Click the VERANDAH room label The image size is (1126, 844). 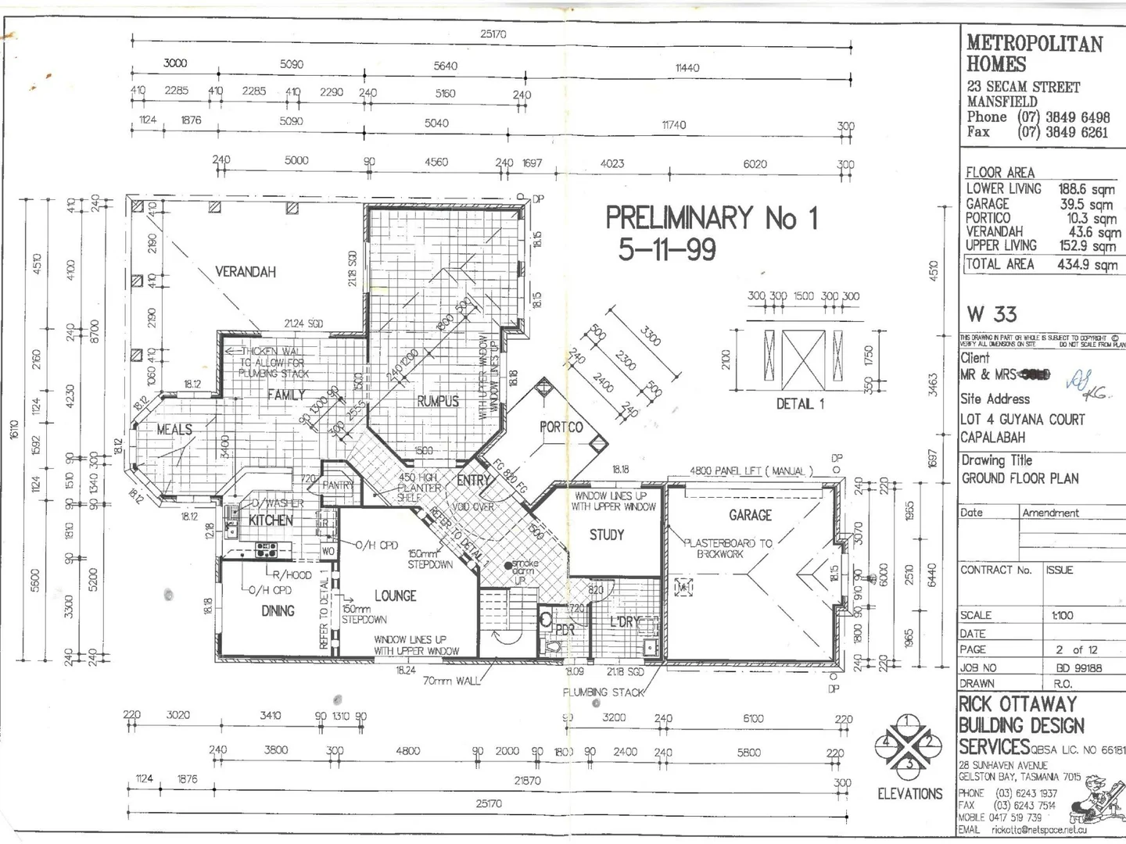(245, 272)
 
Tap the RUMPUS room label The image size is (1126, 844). (437, 401)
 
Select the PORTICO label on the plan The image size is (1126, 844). (561, 427)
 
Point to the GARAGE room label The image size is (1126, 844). (750, 515)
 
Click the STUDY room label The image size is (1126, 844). (606, 535)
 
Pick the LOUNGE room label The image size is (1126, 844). (395, 596)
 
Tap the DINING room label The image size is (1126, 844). (278, 611)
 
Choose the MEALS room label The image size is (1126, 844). (174, 430)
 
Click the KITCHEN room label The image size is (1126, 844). (271, 520)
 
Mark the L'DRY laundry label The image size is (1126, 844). (624, 622)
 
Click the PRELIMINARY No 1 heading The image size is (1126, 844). (711, 218)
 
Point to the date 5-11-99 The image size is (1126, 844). (666, 250)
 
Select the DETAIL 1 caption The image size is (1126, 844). (800, 404)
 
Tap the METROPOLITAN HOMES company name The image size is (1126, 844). (1034, 53)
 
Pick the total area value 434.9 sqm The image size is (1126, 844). (1086, 265)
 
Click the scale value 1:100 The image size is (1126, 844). (1062, 616)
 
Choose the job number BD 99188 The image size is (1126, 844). (1078, 668)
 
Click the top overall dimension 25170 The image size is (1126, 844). (493, 34)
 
